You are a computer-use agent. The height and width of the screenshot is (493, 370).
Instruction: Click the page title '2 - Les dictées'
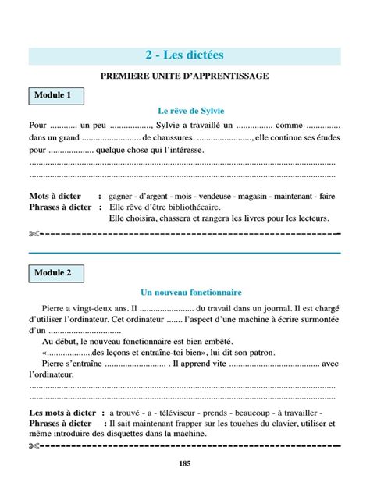coord(184,56)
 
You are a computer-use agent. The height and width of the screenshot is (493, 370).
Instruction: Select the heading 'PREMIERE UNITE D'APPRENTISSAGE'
coord(184,76)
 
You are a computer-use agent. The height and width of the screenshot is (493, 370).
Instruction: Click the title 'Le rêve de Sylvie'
coord(184,112)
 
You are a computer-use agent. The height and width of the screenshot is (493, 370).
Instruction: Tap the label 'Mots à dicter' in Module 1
coord(55,197)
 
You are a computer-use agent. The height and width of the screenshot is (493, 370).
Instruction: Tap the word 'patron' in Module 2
coord(259,353)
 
